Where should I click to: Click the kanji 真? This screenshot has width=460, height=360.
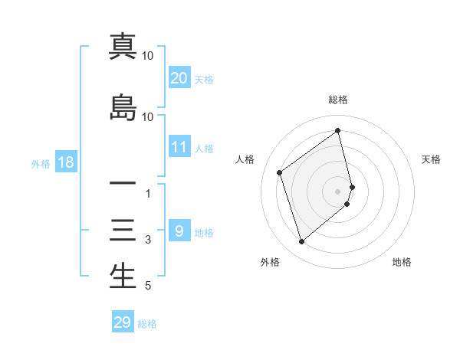[123, 47]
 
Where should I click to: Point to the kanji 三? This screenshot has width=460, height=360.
[123, 231]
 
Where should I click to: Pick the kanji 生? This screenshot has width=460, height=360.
[123, 277]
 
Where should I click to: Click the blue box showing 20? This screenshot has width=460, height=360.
[179, 78]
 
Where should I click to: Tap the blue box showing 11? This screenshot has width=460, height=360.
[179, 147]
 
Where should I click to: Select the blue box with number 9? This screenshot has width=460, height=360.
[179, 231]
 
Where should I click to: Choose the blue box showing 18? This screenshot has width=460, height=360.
[65, 162]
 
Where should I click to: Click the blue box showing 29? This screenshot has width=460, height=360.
[123, 322]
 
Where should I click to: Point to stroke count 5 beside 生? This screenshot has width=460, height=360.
[148, 287]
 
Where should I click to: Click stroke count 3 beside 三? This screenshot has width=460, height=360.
[148, 240]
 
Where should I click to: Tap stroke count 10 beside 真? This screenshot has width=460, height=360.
[148, 56]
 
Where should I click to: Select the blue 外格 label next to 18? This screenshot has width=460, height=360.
[40, 163]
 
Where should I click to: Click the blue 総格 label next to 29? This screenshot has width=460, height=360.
[147, 324]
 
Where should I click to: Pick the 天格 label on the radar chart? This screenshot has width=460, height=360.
[432, 159]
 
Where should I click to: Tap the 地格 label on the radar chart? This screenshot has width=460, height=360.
[402, 262]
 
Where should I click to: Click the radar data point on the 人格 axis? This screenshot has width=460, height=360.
[280, 172]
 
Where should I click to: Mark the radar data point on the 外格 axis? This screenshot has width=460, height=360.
[301, 242]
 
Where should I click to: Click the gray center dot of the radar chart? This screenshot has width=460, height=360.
[338, 191]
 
